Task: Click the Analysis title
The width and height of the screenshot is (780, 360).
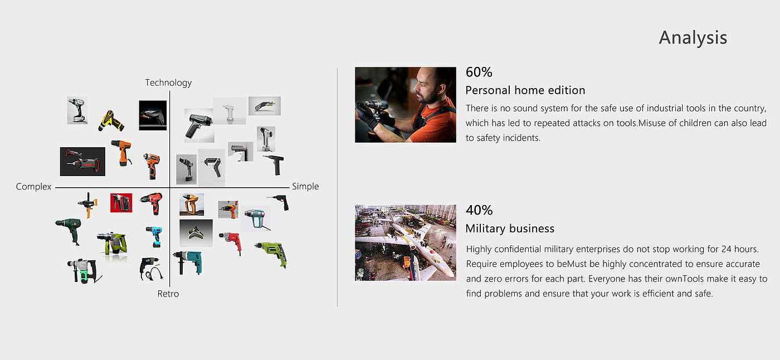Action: coord(693,37)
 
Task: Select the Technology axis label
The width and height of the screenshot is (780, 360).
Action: coord(168,83)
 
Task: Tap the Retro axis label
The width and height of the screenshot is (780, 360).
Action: coord(168,294)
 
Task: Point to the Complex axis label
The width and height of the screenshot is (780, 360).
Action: coord(33,187)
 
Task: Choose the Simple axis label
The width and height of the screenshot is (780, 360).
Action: coord(305,186)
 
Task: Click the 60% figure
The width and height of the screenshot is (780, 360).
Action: coord(479,72)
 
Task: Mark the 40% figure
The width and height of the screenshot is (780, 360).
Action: coord(479,210)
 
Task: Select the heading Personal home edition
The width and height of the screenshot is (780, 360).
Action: coord(525,90)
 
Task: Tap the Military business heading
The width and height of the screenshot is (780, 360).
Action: coord(510,228)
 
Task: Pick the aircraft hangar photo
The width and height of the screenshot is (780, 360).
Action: coord(406,242)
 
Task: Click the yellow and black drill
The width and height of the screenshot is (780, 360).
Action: coord(111,121)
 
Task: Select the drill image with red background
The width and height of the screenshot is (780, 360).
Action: coord(121,203)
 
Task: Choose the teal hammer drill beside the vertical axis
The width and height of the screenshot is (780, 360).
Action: coord(188,262)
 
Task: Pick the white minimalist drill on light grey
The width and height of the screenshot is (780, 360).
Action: coord(230,111)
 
